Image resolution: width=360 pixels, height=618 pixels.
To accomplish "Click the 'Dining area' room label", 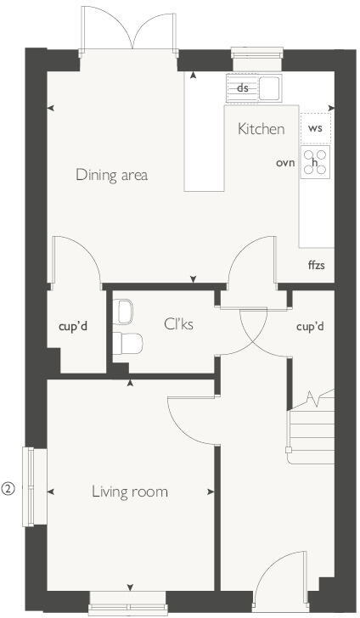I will tap(111, 175).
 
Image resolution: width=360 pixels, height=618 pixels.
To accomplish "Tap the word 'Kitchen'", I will tap(261, 129).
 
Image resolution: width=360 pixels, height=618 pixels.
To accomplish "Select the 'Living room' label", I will tap(131, 492).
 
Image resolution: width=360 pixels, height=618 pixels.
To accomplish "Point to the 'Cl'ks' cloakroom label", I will tap(180, 323).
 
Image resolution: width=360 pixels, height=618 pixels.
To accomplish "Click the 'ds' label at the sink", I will tap(243, 87).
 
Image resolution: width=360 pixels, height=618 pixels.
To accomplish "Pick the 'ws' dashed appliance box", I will tap(315, 128).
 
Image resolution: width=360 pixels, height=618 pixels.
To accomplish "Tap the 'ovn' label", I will tap(284, 162).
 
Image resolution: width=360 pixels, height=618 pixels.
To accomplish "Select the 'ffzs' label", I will tap(316, 265).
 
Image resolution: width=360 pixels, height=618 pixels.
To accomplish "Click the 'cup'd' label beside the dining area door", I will tap(74, 325).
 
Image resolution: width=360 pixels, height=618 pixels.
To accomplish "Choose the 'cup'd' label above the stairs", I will tap(311, 326).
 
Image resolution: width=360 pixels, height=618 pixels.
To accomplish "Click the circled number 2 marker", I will tap(8, 488).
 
